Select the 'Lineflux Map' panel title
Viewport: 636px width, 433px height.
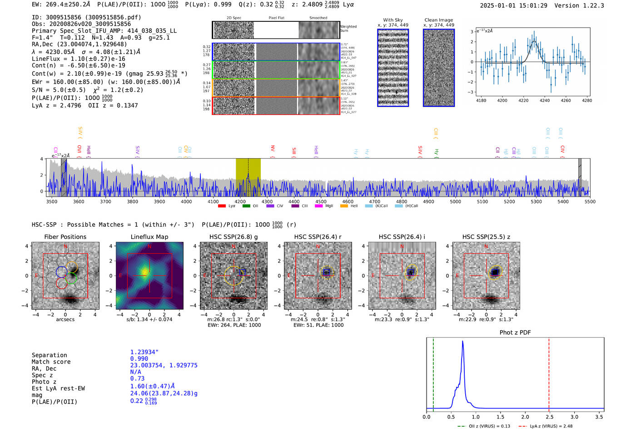click(x=149, y=237)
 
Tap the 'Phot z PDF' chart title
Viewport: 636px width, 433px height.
click(x=515, y=332)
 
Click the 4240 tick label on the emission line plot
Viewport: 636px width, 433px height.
click(x=544, y=100)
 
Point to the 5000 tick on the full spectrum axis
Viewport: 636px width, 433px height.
click(x=455, y=201)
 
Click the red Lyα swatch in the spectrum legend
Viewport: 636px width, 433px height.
click(x=222, y=206)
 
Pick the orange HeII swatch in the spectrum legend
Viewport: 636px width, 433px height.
click(x=344, y=206)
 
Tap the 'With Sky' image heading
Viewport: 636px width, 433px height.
click(x=393, y=20)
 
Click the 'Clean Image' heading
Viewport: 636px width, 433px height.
click(x=439, y=20)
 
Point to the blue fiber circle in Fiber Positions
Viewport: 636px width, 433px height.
click(x=62, y=272)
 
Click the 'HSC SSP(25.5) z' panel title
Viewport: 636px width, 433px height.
click(x=486, y=237)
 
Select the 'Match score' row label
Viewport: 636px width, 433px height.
click(x=51, y=362)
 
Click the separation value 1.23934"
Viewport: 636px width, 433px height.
click(x=144, y=352)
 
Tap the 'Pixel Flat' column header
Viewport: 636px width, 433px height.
click(x=276, y=18)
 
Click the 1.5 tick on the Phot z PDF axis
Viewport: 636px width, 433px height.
click(x=500, y=417)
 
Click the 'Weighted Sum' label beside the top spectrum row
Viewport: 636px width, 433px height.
click(x=348, y=29)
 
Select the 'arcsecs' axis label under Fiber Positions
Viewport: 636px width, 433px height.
click(x=65, y=319)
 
